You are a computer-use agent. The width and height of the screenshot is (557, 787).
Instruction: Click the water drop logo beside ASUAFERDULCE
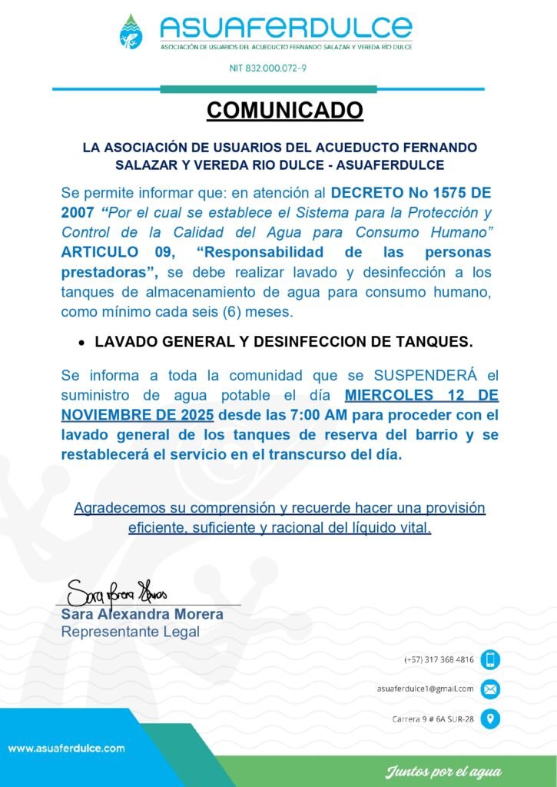[x=131, y=32]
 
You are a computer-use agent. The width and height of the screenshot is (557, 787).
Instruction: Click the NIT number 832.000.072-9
[x=268, y=68]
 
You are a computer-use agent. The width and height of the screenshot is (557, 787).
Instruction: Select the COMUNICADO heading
[x=284, y=111]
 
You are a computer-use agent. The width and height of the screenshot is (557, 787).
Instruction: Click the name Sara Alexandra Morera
[x=142, y=614]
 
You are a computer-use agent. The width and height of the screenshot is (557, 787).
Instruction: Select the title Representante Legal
[x=130, y=632]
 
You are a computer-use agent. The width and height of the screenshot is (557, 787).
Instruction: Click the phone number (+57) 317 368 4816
[x=439, y=659]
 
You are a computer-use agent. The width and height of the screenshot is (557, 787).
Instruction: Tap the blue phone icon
[x=490, y=659]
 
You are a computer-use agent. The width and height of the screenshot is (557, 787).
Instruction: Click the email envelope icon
[x=490, y=689]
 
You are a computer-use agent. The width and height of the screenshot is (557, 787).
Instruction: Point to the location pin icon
[x=490, y=719]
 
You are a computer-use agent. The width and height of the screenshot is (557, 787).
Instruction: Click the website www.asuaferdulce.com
[x=67, y=748]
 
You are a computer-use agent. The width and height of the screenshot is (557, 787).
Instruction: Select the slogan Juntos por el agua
[x=443, y=771]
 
